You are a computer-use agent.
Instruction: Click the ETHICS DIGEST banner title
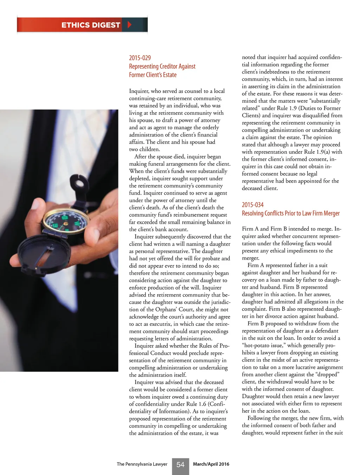click(x=91, y=25)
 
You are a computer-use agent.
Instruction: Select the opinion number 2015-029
click(x=140, y=58)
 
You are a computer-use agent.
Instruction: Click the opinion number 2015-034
click(x=252, y=205)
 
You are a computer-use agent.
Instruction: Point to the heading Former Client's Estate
click(x=153, y=75)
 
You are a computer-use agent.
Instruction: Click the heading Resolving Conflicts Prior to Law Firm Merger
click(x=291, y=213)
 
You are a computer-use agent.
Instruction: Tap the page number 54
click(x=180, y=465)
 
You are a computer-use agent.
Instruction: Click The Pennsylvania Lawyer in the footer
click(x=142, y=464)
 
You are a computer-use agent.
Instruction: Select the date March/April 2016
click(x=211, y=464)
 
